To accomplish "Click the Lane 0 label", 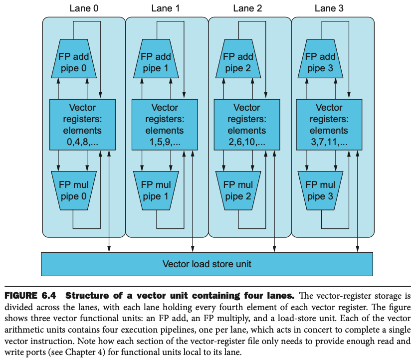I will click(83, 8).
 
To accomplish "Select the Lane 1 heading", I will click(166, 8).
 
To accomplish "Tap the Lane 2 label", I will click(247, 8).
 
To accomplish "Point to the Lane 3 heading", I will click(329, 8).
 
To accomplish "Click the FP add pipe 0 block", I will click(73, 63).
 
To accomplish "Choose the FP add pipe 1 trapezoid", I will click(156, 63).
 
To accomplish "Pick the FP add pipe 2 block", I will click(238, 63).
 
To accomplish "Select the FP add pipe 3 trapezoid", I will click(320, 63).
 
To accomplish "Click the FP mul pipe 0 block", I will click(73, 190).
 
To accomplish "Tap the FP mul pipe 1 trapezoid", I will click(156, 190).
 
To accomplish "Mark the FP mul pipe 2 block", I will click(238, 190).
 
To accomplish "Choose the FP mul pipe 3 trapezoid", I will click(320, 190).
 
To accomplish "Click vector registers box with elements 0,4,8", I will click(82, 125).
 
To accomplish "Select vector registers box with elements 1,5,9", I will click(165, 125).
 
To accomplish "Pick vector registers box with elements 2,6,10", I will click(247, 125).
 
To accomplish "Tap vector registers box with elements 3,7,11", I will click(329, 125).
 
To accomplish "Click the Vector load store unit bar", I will click(207, 264).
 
